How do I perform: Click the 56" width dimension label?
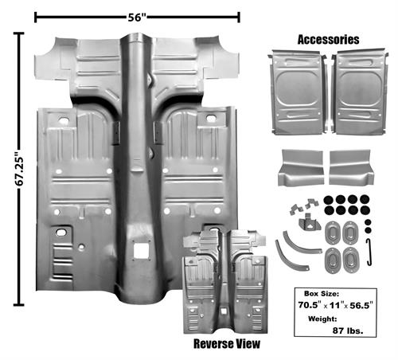click(137, 18)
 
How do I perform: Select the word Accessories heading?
click(328, 40)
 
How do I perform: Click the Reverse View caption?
click(227, 343)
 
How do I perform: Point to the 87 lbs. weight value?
click(348, 331)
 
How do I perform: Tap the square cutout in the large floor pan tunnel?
click(141, 251)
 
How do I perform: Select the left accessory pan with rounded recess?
click(298, 92)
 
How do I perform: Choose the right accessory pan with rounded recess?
click(360, 92)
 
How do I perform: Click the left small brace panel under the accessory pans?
click(301, 167)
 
